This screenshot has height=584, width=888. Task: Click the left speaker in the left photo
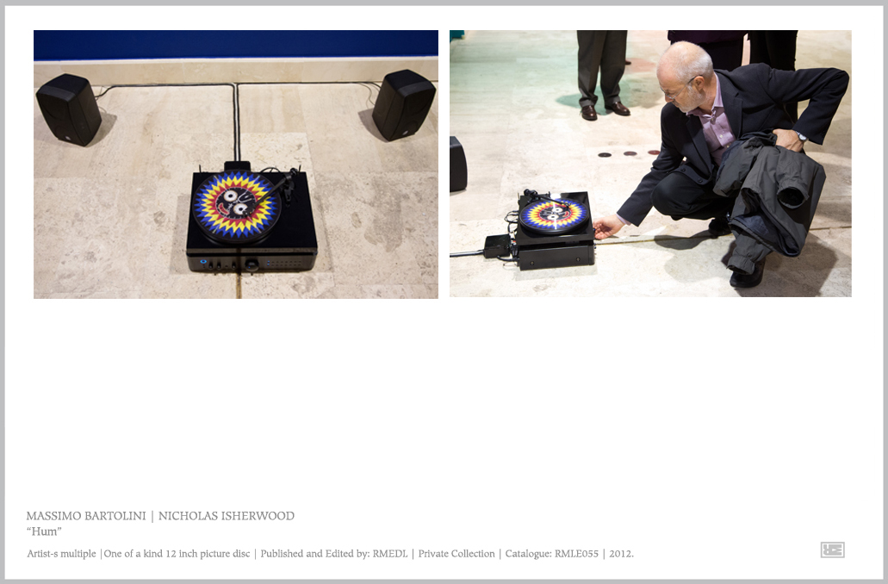pyautogui.click(x=69, y=109)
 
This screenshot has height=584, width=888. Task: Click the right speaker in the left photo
pyautogui.click(x=403, y=105)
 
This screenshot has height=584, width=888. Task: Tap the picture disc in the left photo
pyautogui.click(x=236, y=205)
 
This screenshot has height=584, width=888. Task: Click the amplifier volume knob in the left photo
pyautogui.click(x=252, y=264)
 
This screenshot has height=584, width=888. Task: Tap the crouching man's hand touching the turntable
pyautogui.click(x=608, y=227)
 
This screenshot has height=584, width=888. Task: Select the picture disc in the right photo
pyautogui.click(x=553, y=215)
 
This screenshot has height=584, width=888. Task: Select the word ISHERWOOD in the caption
pyautogui.click(x=258, y=516)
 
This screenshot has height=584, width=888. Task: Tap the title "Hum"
pyautogui.click(x=44, y=531)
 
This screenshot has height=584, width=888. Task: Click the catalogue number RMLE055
pyautogui.click(x=576, y=553)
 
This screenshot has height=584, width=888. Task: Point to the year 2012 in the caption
pyautogui.click(x=621, y=553)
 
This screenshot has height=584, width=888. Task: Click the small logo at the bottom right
pyautogui.click(x=833, y=550)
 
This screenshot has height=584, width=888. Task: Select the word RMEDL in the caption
pyautogui.click(x=389, y=553)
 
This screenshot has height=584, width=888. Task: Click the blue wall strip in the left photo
pyautogui.click(x=236, y=45)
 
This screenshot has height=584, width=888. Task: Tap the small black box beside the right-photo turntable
pyautogui.click(x=497, y=245)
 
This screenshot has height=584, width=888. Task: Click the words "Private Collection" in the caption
pyautogui.click(x=456, y=553)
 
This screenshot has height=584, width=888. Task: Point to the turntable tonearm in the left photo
pyautogui.click(x=276, y=187)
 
